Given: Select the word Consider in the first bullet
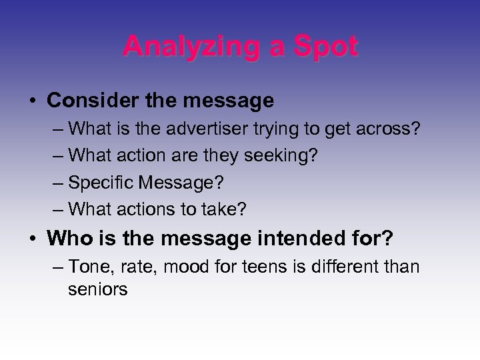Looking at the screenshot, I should click(x=85, y=101).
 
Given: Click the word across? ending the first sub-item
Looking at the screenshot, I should click(x=390, y=129).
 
